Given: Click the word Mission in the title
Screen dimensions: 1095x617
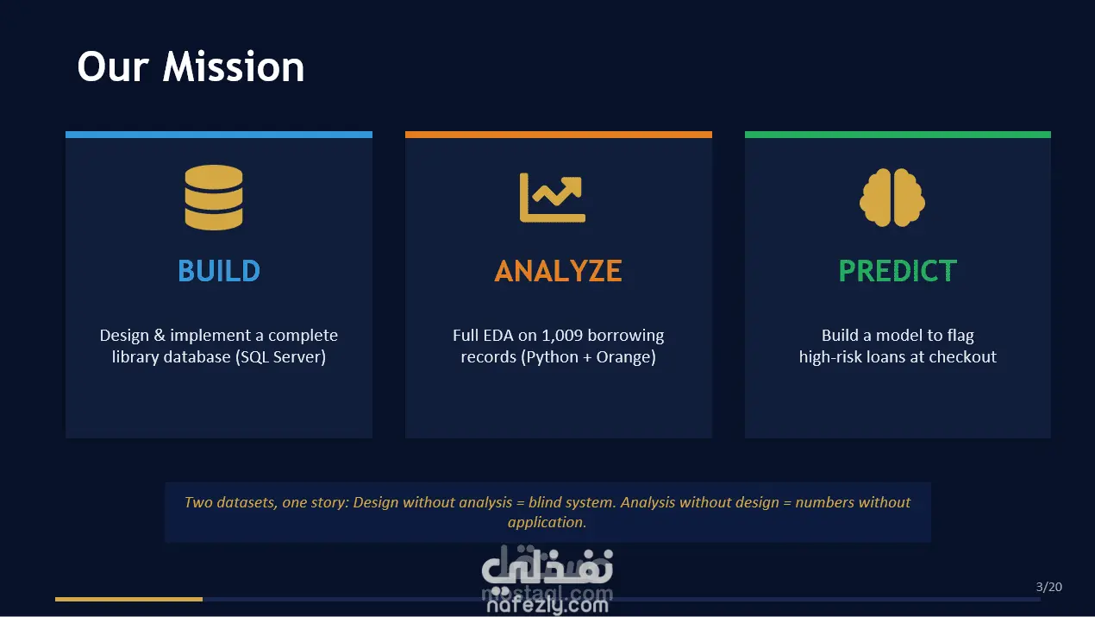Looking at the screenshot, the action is tap(233, 66).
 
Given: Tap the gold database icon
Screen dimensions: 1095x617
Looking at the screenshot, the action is tap(214, 198).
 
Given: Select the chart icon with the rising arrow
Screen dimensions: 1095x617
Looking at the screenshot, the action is tap(553, 198).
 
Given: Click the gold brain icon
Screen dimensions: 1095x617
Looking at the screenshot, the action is tap(892, 198).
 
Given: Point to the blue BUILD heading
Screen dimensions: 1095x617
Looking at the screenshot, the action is tap(219, 271).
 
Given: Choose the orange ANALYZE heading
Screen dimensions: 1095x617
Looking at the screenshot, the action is tap(558, 271).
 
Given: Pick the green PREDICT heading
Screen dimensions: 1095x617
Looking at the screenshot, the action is tap(898, 271).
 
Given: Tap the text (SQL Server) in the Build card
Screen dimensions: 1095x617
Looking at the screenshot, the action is tap(280, 357).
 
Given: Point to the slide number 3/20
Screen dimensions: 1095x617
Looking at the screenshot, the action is tap(1049, 587).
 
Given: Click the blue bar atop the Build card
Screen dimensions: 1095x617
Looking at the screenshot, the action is tap(219, 135).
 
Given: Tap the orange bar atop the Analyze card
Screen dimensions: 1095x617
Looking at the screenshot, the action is tap(558, 135).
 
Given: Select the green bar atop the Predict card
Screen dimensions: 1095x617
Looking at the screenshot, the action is tap(898, 135).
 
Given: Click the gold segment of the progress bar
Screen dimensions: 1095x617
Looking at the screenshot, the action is tap(128, 599).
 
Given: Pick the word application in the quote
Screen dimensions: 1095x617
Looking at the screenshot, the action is tap(547, 522).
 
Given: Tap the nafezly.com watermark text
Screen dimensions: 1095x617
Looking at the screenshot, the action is tap(547, 605).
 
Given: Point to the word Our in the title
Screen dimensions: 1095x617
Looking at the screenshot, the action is tap(113, 67).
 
